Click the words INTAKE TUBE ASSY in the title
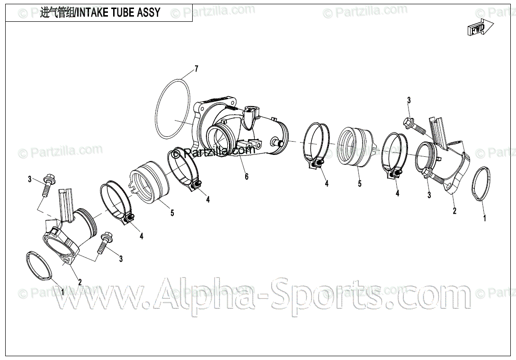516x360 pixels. [118, 13]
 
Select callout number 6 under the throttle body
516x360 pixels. [246, 177]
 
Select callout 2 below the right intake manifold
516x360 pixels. [454, 211]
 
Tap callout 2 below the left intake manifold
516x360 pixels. [80, 282]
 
